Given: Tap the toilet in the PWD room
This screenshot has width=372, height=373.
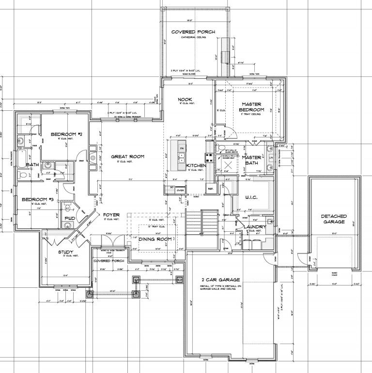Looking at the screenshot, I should pos(66,208).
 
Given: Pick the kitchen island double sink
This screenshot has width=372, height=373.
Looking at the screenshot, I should pos(182,157).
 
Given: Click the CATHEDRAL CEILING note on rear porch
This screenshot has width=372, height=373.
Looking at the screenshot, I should pos(193,37).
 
